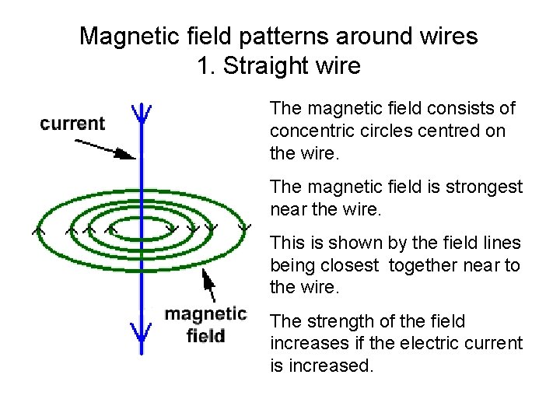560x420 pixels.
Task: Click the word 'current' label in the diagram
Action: coord(72,123)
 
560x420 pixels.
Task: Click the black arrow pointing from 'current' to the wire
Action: coord(104,148)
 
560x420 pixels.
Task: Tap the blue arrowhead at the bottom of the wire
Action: coord(140,333)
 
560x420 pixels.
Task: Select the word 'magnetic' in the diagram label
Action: coord(205,314)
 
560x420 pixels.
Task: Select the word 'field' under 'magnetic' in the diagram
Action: coord(206,335)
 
